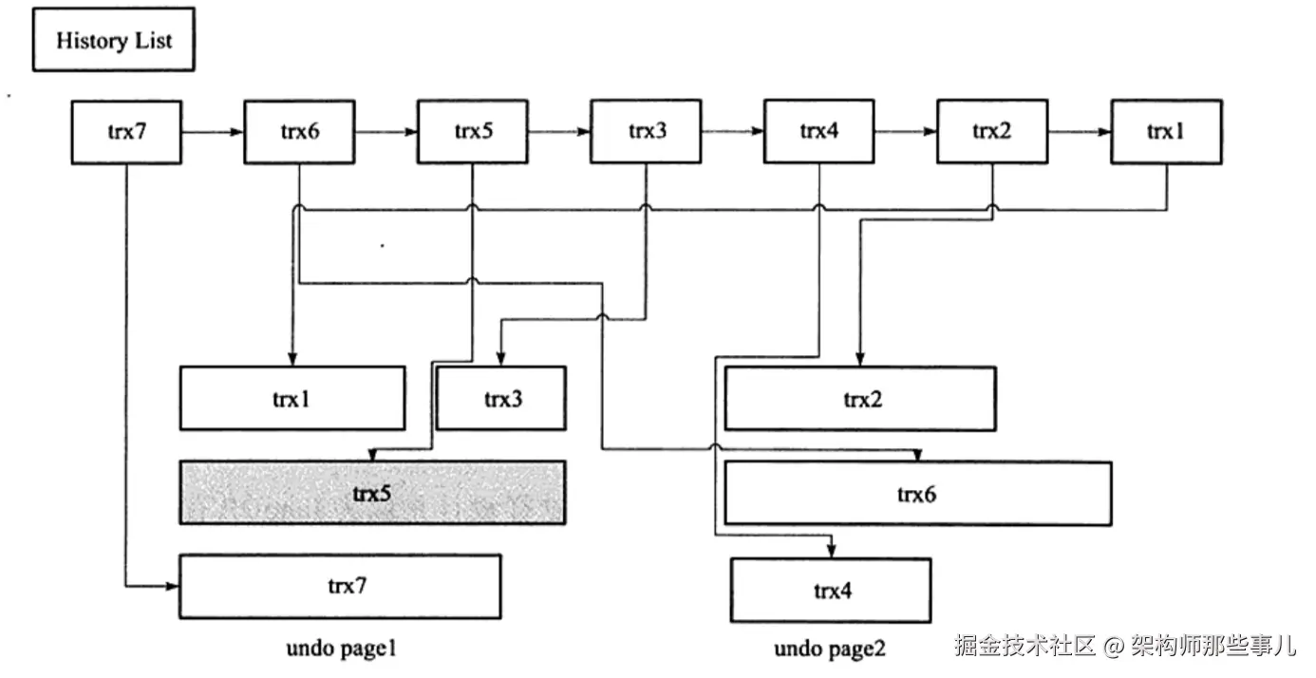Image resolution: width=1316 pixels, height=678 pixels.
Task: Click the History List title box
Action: point(113,40)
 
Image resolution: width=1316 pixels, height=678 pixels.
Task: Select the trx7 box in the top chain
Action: point(126,131)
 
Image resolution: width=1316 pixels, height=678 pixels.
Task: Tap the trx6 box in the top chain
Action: point(299,131)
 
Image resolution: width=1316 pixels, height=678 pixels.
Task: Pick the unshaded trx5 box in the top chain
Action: point(472,131)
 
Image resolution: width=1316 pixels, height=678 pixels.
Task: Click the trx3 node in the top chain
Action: point(646,131)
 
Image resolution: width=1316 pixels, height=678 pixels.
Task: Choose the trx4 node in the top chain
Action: point(818,131)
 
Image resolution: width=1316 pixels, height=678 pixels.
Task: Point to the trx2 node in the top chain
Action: point(992,131)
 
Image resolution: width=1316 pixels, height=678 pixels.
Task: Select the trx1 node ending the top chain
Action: point(1166,131)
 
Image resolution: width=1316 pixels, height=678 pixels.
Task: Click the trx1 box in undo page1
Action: point(292,398)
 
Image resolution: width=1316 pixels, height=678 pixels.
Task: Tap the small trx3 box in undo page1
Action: point(501,398)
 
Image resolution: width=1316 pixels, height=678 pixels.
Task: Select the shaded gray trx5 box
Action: point(372,492)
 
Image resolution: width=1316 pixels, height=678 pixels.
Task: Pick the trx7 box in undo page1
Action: point(340,586)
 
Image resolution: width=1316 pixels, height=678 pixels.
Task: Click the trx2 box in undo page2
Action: point(860,398)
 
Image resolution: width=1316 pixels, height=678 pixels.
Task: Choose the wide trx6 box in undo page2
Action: point(917,493)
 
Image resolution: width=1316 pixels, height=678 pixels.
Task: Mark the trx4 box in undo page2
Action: point(831,590)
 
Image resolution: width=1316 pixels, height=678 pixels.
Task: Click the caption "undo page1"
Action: point(341,649)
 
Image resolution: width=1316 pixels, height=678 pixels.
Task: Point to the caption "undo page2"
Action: point(830,649)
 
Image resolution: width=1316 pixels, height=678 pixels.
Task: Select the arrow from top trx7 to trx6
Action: point(213,132)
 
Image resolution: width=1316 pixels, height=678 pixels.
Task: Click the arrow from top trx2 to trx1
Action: point(1079,132)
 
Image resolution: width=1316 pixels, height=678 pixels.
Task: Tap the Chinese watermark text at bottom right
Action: point(1125,646)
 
